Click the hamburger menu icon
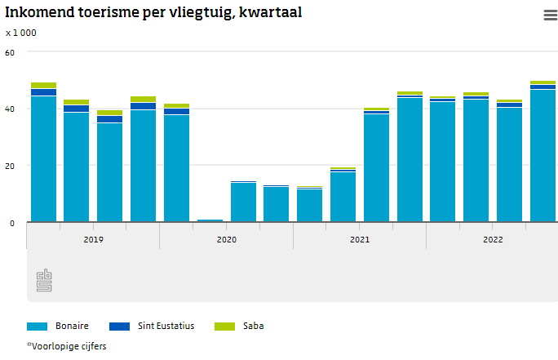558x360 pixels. (x=550, y=15)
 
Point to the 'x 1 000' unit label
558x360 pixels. (x=20, y=33)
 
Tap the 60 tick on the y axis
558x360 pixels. (x=11, y=52)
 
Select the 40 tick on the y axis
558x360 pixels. (x=11, y=109)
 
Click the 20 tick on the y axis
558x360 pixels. (x=11, y=166)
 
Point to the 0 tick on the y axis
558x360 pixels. (x=12, y=222)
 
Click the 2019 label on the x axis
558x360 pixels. (x=93, y=240)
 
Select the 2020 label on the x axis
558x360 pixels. (x=226, y=240)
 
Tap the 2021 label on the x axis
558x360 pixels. (x=360, y=240)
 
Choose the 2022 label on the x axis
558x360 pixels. (x=493, y=240)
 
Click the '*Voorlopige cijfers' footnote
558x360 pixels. (x=67, y=346)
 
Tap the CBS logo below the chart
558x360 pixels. (x=44, y=281)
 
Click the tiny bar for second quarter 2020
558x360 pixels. (x=210, y=220)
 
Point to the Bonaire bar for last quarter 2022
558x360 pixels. (x=542, y=155)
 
